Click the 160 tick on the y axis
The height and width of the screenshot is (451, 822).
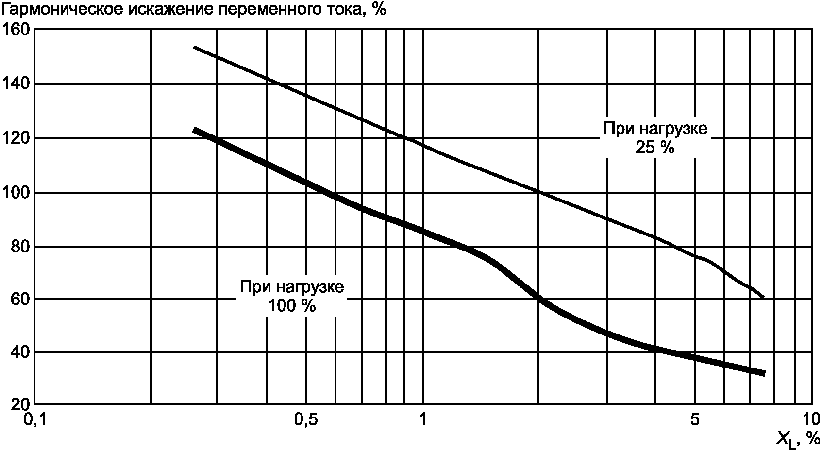(16, 29)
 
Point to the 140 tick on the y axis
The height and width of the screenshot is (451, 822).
(16, 84)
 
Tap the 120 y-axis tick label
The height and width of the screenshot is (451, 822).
(16, 138)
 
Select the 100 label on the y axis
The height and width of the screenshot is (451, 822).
(16, 192)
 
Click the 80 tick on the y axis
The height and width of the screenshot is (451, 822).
(21, 247)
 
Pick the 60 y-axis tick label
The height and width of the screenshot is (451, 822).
(21, 299)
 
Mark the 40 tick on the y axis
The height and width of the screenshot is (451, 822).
(21, 352)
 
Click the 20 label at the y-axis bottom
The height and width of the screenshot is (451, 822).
(21, 405)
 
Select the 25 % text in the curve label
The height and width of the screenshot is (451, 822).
(655, 148)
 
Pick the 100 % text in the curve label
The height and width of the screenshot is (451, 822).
(292, 306)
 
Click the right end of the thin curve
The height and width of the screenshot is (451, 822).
(764, 298)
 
